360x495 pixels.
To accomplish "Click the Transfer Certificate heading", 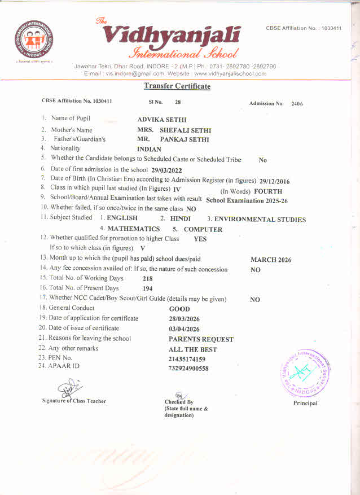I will pos(177,86).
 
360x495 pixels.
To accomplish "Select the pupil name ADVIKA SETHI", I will pos(162,120).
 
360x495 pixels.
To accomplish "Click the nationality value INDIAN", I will pos(149,150).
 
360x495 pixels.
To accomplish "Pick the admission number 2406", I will pos(297,104).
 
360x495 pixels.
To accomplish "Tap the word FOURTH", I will pos(268,191).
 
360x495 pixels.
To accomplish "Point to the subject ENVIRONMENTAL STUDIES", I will pos(260,220).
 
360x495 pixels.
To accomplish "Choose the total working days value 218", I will pos(148,279).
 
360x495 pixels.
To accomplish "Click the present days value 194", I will pos(148,288).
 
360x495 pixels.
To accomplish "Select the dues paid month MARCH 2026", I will pos(271,260).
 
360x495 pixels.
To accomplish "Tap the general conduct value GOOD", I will pos(179,309).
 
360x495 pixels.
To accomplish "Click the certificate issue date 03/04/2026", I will pos(184,329).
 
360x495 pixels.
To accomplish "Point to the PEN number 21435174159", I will pos(187,359).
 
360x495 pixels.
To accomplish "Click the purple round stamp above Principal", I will pos(305,371).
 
